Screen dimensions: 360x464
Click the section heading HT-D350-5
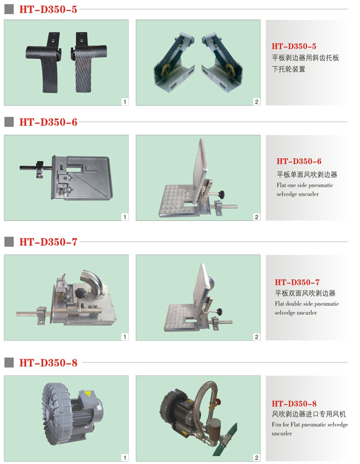coord(48,9)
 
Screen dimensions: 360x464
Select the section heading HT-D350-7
coord(48,242)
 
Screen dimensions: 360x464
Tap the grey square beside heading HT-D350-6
coord(9,122)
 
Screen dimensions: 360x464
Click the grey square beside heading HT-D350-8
coord(9,362)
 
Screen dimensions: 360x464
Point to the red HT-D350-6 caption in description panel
coord(299,161)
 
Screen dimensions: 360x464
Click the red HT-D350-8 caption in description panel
coord(294,403)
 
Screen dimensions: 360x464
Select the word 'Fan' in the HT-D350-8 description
coord(276,424)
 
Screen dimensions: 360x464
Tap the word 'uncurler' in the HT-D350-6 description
coord(309,194)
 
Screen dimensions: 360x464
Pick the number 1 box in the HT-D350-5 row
coord(125,102)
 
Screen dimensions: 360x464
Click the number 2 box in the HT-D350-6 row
coord(257,217)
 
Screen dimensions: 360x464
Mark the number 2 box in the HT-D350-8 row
coord(257,458)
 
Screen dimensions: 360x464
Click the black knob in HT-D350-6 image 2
coord(221,194)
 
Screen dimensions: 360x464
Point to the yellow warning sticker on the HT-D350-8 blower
coord(87,394)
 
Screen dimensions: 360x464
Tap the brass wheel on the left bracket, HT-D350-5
coord(166,68)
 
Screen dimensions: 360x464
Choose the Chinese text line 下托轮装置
coord(288,69)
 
